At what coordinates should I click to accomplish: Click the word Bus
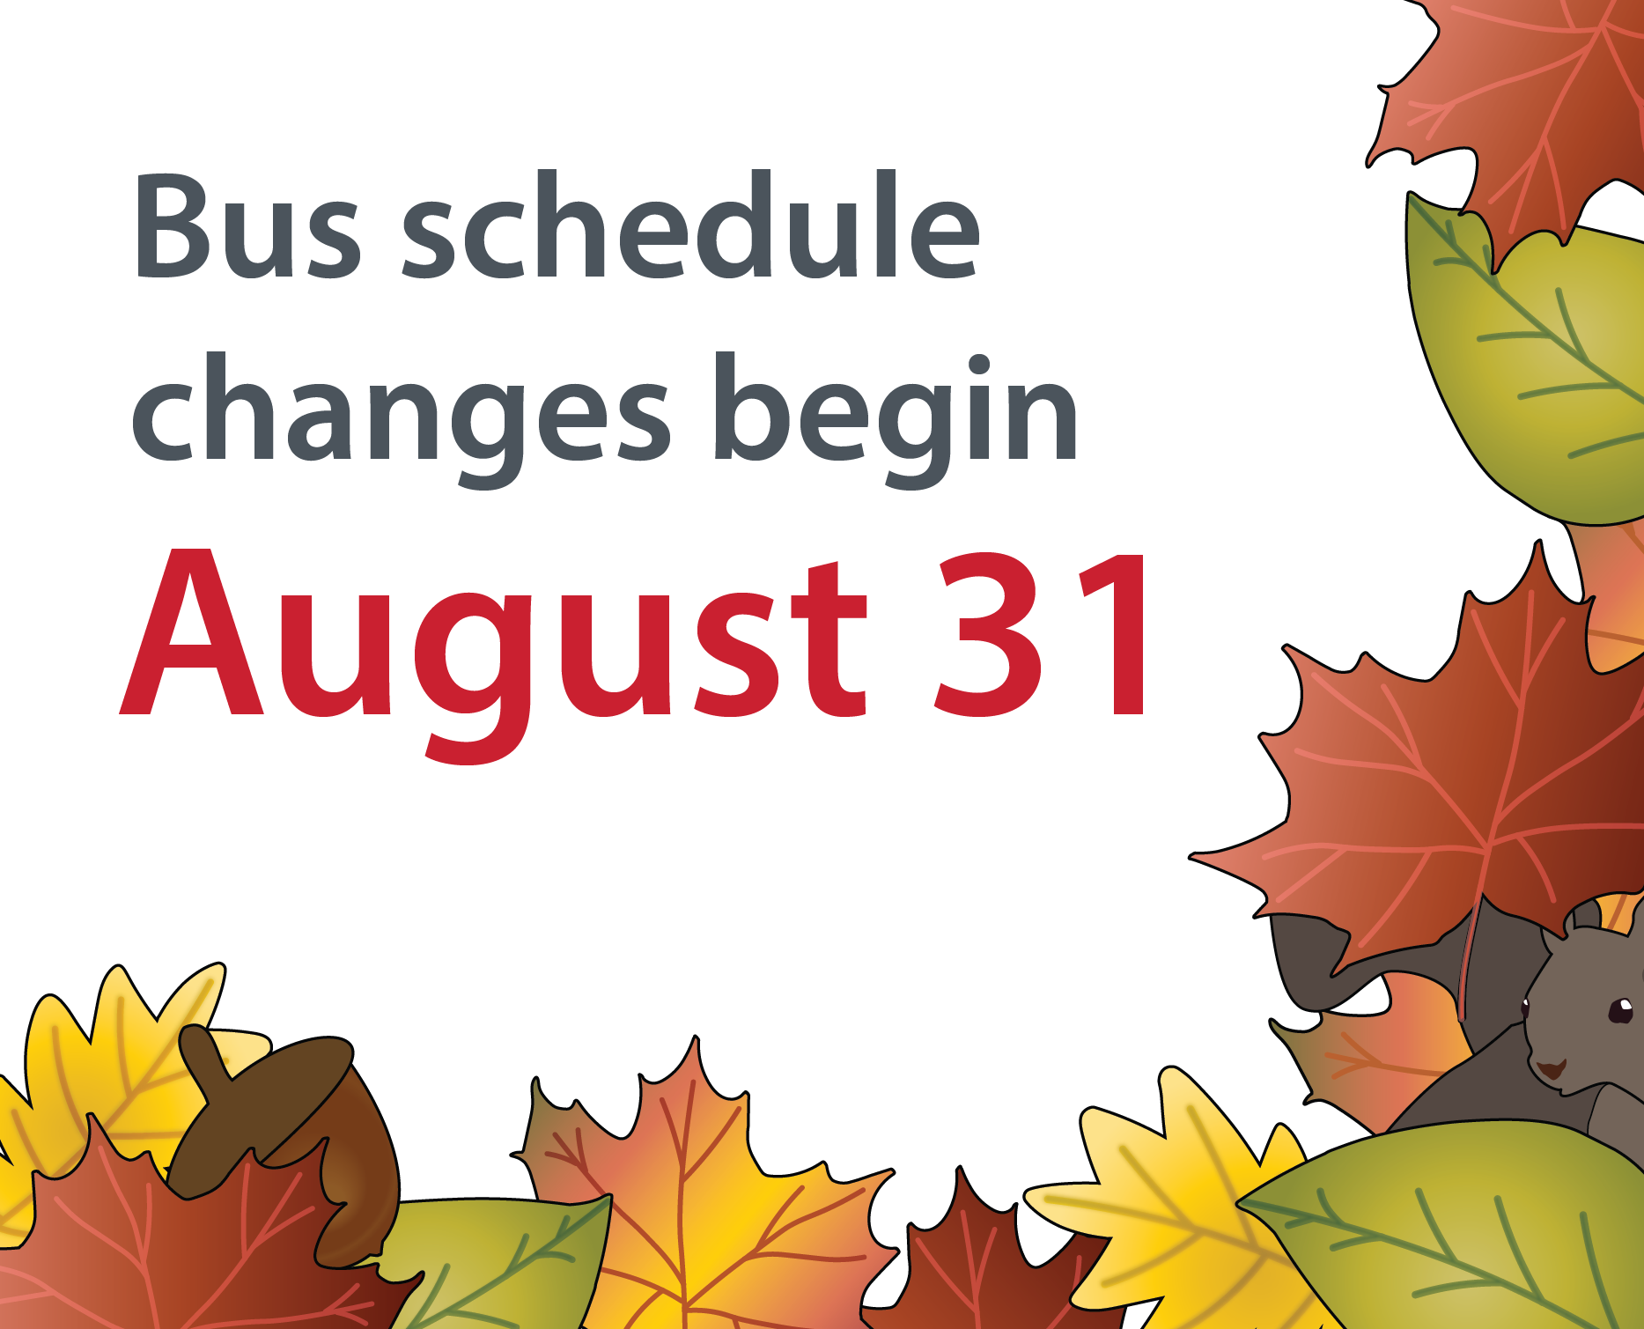tap(247, 226)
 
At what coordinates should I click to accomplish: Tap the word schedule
tap(691, 224)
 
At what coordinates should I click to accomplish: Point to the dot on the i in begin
tap(979, 366)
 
